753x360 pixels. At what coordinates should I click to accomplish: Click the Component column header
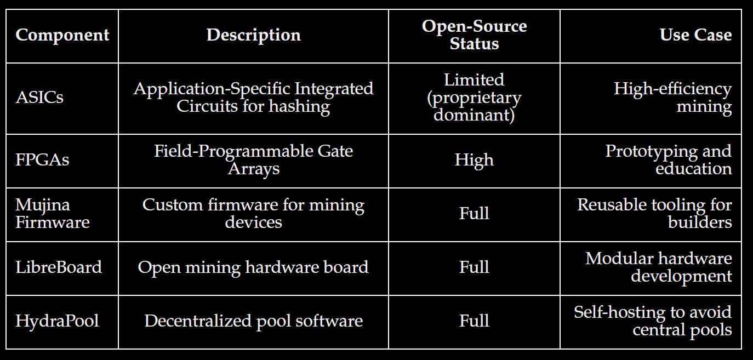tap(62, 35)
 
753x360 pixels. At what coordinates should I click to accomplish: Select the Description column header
tap(253, 35)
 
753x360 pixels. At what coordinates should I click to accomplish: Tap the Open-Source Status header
tap(474, 35)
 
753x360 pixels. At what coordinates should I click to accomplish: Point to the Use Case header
tap(695, 35)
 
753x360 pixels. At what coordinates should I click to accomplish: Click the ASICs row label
tap(39, 98)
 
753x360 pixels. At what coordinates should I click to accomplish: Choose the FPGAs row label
tap(42, 160)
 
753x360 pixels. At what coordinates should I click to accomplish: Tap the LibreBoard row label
tap(59, 267)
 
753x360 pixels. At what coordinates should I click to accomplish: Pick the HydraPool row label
tap(57, 321)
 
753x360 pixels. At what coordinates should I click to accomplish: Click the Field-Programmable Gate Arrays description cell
tap(253, 159)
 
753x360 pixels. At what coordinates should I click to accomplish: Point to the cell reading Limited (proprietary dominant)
tap(474, 98)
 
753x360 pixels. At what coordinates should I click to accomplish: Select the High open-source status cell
tap(474, 160)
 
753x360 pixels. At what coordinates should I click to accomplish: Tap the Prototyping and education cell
tap(669, 159)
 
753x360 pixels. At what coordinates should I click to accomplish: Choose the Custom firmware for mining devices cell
tap(253, 213)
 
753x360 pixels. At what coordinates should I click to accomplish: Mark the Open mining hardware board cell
tap(253, 267)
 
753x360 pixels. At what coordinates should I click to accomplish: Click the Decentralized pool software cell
tap(253, 321)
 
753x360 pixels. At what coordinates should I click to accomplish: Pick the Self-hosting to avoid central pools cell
tap(652, 321)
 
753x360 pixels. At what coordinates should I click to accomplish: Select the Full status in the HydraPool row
tap(474, 321)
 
